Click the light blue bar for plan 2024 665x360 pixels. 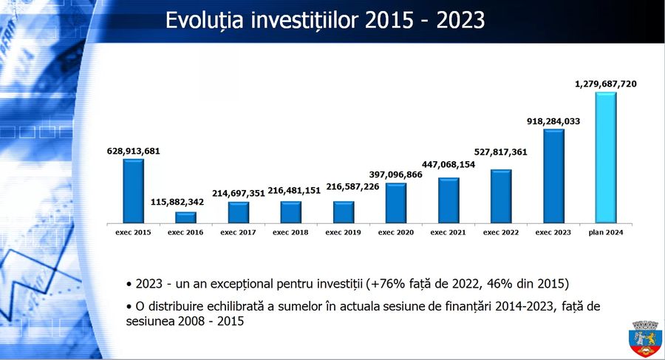tap(605, 157)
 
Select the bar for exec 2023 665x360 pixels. tap(553, 176)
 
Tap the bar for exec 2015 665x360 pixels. tap(133, 190)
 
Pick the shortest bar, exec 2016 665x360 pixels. tap(186, 217)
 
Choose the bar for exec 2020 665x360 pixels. tap(396, 202)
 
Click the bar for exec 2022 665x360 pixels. tap(501, 195)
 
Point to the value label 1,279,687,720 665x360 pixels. tap(605, 84)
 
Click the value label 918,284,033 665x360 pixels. tap(553, 121)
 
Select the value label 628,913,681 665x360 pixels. tap(133, 151)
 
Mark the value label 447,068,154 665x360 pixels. tap(449, 163)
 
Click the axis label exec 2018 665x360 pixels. tap(291, 232)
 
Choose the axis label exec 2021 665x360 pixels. tap(449, 232)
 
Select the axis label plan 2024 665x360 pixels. tap(606, 232)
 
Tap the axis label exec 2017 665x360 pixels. tap(239, 232)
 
